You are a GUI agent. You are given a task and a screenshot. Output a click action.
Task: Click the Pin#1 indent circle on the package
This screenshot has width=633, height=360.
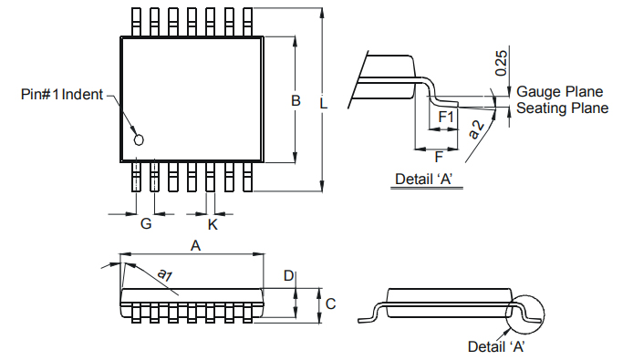click(139, 139)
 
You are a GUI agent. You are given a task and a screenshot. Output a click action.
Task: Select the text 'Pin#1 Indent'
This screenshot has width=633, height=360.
click(62, 95)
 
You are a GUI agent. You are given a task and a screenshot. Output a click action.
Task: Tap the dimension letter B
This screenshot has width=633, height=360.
click(296, 100)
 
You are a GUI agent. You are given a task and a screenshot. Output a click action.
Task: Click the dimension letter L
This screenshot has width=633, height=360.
click(324, 104)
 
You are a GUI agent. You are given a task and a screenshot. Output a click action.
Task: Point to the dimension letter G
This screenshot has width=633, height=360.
click(146, 223)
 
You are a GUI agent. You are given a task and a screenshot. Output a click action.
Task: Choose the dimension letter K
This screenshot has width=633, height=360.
click(213, 224)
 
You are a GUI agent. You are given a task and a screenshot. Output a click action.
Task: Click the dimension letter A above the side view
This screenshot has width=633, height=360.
click(195, 245)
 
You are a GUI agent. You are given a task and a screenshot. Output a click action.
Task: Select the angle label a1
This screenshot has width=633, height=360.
click(165, 275)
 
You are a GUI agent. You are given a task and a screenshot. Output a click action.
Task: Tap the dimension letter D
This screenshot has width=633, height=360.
click(288, 275)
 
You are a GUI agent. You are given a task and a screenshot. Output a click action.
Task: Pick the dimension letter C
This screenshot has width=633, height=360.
click(330, 303)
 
